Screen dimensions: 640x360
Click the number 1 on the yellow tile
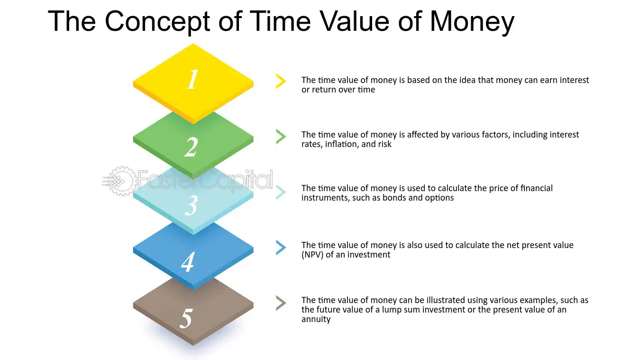[192, 79]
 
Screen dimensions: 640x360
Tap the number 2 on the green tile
[191, 147]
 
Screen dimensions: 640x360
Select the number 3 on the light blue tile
[191, 205]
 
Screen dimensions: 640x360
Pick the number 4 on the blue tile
[188, 262]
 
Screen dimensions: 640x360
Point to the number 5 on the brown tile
[186, 318]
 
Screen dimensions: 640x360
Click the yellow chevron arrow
[281, 81]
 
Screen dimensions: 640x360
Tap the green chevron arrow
[281, 137]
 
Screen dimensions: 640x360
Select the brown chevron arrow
[281, 303]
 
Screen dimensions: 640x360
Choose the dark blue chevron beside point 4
[281, 248]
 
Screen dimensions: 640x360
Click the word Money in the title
[472, 22]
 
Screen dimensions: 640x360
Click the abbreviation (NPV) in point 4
[312, 255]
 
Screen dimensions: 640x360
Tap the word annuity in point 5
[316, 319]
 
